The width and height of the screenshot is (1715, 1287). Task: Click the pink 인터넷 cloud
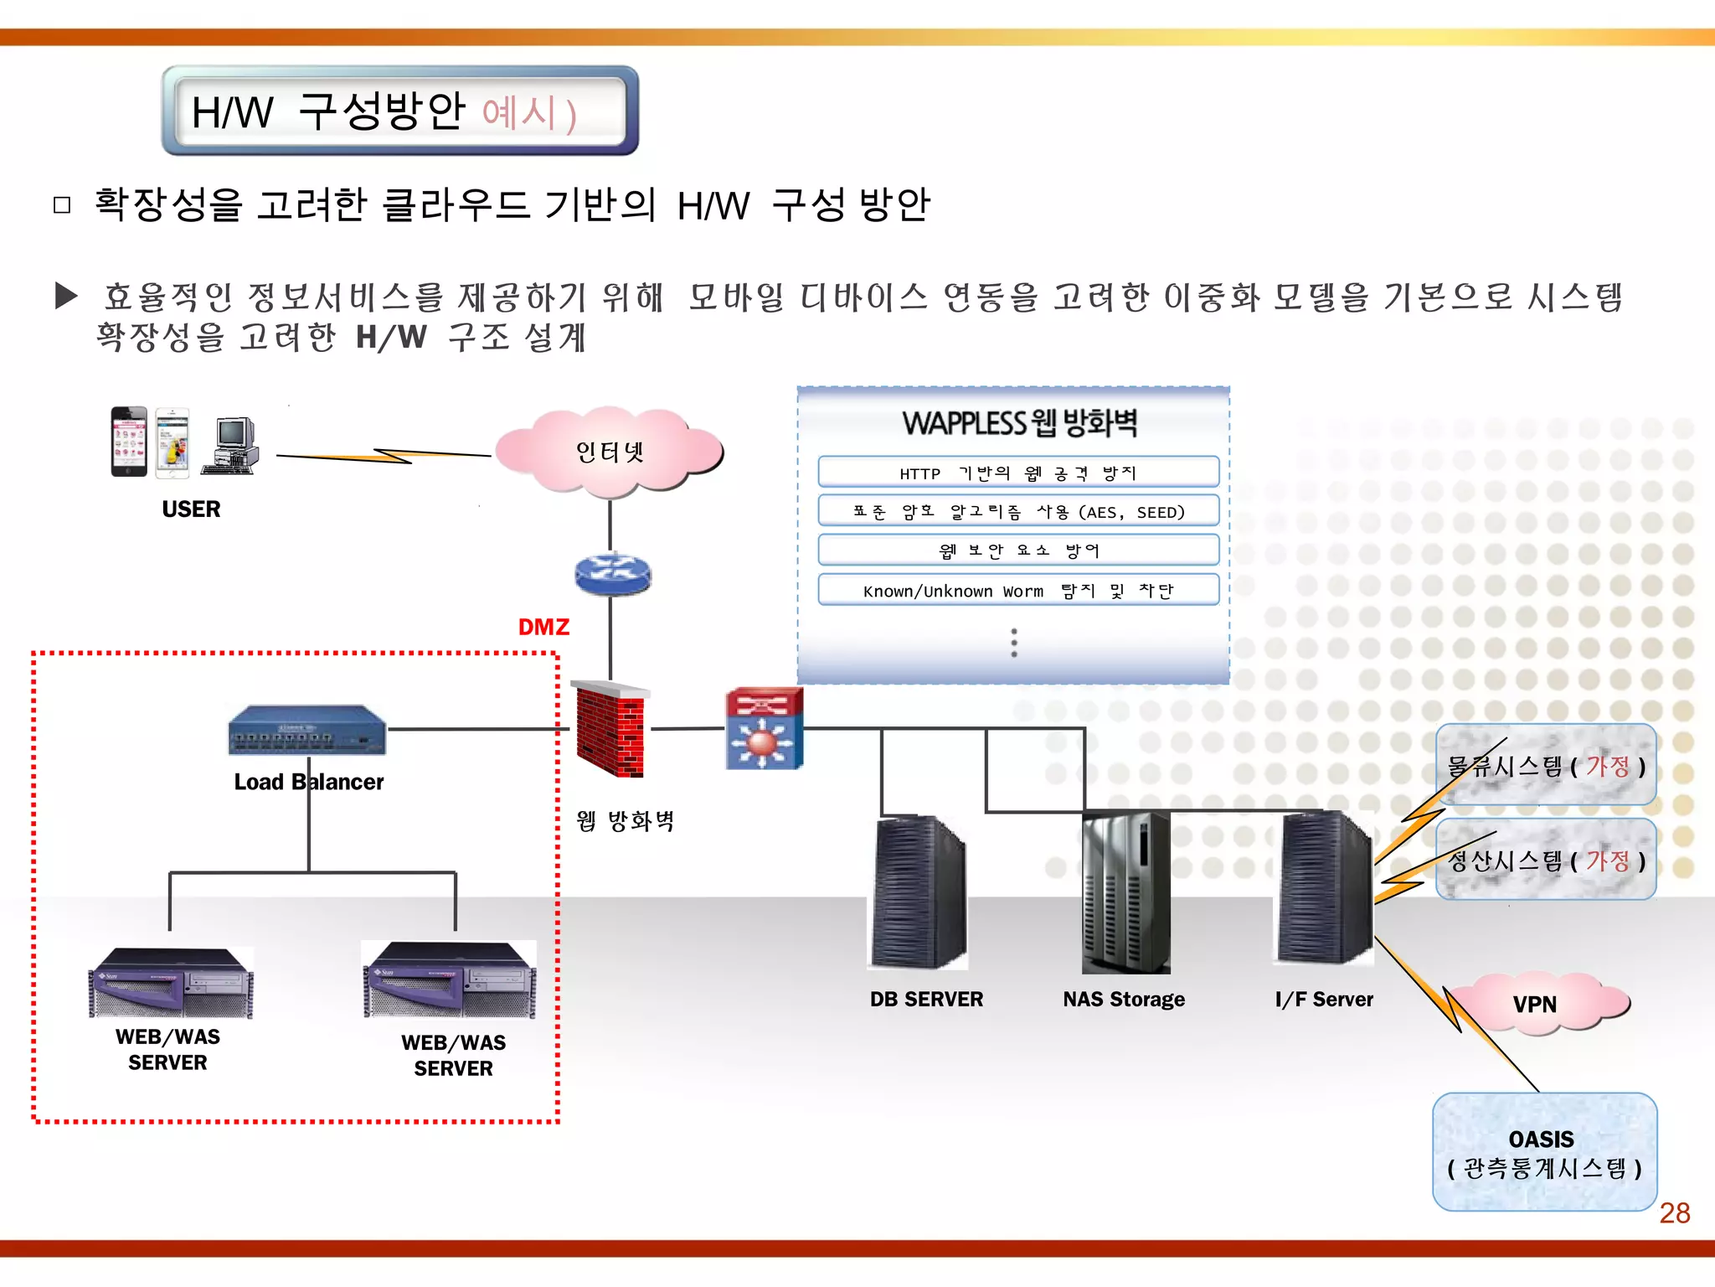click(x=609, y=452)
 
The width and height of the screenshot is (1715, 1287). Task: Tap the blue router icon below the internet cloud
click(x=612, y=575)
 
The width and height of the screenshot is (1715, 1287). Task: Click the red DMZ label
click(x=543, y=627)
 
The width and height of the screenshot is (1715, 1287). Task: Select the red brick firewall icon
click(x=610, y=729)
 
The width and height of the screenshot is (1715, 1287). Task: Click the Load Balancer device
click(x=307, y=730)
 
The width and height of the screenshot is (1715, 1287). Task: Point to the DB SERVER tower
click(x=918, y=892)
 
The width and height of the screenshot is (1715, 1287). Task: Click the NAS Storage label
click(x=1123, y=999)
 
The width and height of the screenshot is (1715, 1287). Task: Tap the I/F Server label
click(x=1323, y=999)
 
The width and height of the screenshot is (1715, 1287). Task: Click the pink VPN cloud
click(x=1535, y=1003)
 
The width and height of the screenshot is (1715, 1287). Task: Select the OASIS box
click(x=1544, y=1152)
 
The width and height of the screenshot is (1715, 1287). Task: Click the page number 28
click(x=1674, y=1212)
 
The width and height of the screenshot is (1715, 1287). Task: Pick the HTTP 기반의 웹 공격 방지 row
click(x=1017, y=473)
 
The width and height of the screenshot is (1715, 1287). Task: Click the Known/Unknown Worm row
click(x=1017, y=591)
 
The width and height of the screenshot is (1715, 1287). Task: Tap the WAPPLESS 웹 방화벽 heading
click(x=1019, y=423)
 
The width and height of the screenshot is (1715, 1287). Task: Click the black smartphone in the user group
click(x=129, y=442)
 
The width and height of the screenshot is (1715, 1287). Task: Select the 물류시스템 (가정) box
click(x=1546, y=765)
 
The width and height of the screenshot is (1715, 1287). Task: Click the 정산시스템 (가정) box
click(x=1546, y=860)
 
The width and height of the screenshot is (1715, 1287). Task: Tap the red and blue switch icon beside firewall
click(x=764, y=728)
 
